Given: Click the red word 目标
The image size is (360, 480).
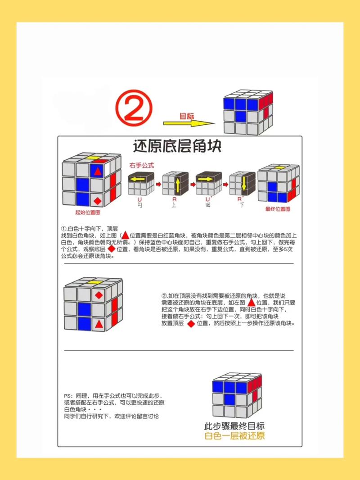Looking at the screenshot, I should tap(187, 116).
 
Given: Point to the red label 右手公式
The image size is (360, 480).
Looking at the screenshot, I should tap(141, 165).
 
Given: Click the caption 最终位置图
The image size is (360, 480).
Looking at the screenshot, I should tap(279, 209).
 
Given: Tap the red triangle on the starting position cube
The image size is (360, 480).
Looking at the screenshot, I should tap(97, 171).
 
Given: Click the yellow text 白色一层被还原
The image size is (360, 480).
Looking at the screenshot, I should tap(234, 436).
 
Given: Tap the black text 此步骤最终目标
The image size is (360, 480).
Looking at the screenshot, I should tap(234, 426).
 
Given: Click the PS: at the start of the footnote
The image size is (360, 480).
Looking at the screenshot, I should tap(68, 395).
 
